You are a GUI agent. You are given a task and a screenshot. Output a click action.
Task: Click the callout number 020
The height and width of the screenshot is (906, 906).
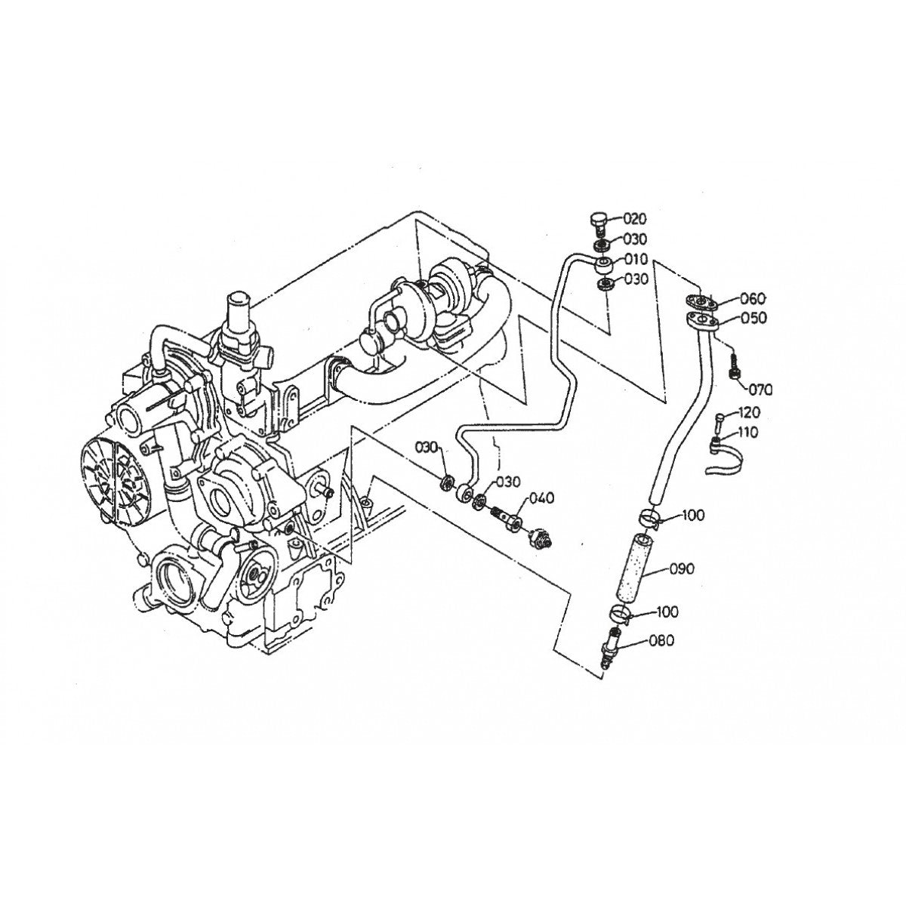pyautogui.click(x=634, y=219)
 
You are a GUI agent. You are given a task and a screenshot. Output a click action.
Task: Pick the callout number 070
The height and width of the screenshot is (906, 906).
pyautogui.click(x=760, y=390)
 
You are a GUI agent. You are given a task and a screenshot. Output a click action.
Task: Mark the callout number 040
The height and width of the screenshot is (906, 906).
pyautogui.click(x=541, y=498)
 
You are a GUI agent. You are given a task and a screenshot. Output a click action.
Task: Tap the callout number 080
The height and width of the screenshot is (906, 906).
pyautogui.click(x=662, y=640)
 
